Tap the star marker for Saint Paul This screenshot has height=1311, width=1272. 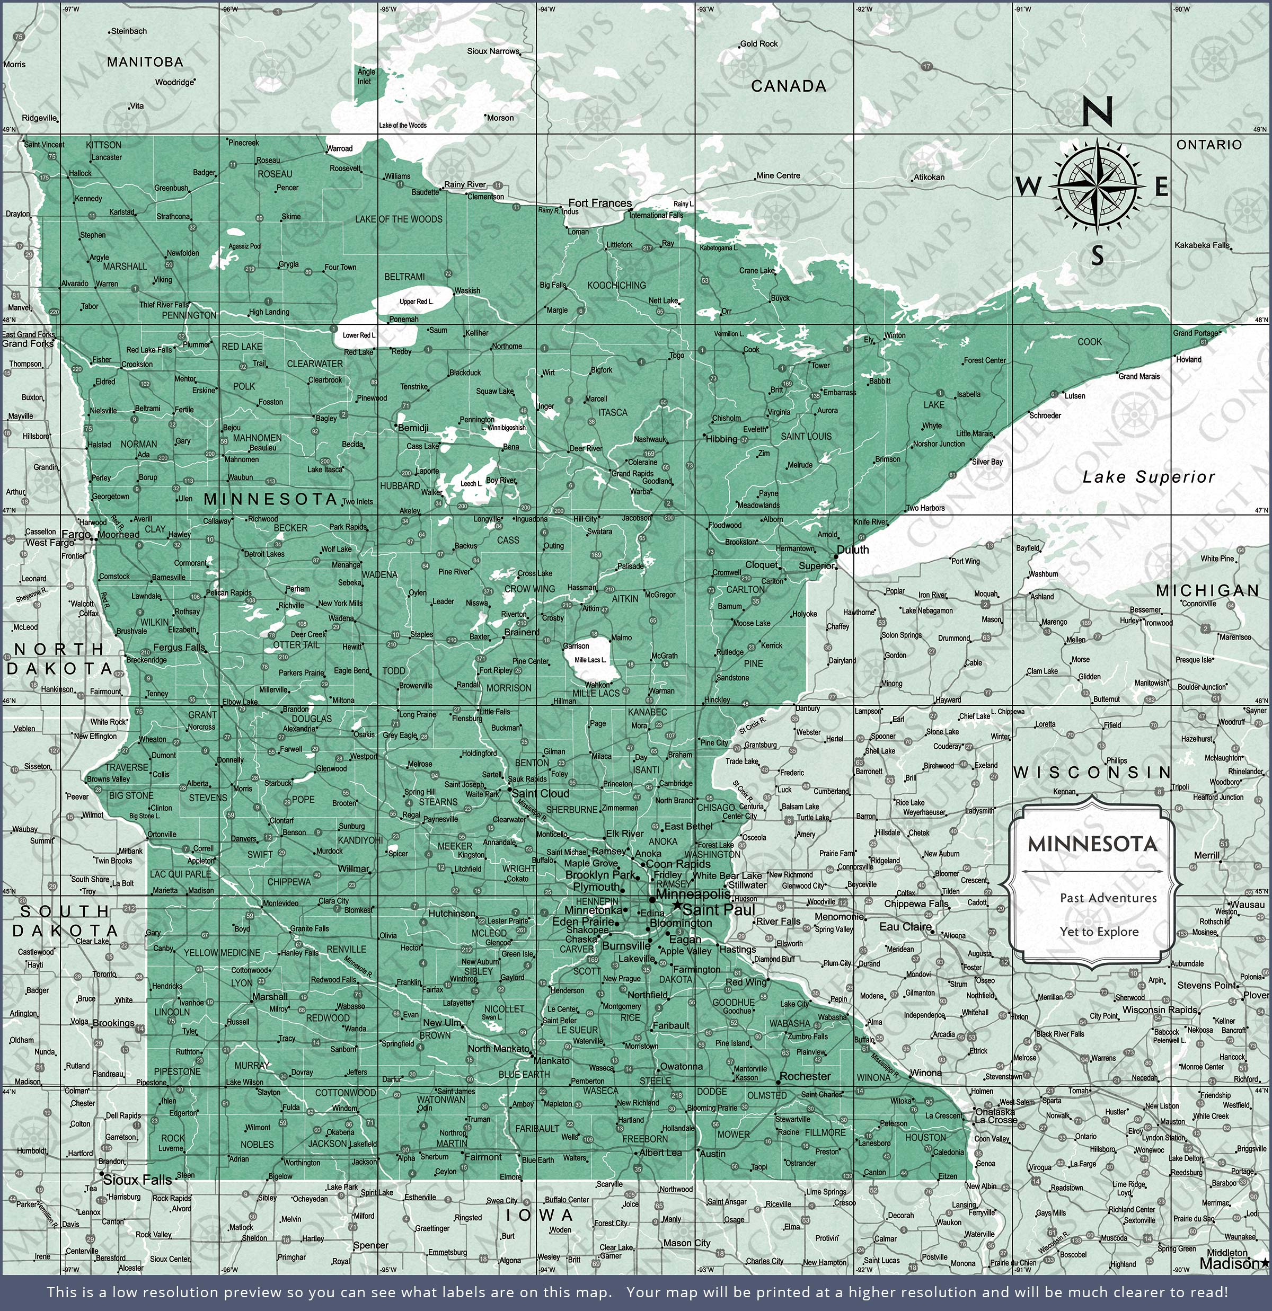pos(677,906)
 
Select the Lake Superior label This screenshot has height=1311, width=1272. pos(1149,477)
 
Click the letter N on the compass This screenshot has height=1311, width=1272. pos(1097,111)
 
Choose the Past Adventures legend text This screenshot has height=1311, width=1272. pos(1108,898)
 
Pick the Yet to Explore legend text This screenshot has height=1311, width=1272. pos(1099,932)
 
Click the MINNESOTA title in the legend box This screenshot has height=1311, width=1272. pos(1093,844)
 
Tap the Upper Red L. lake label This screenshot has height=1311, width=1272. pos(416,302)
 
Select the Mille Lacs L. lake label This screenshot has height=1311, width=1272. pos(590,660)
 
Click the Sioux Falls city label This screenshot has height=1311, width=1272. pos(137,1181)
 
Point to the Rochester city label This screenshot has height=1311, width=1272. pos(805,1076)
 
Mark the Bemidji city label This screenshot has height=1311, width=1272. pos(413,428)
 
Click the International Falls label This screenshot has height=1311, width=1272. pos(657,215)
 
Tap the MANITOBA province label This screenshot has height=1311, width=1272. pos(145,61)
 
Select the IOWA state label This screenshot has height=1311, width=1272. pos(540,1215)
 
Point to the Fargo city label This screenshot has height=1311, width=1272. pos(76,535)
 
